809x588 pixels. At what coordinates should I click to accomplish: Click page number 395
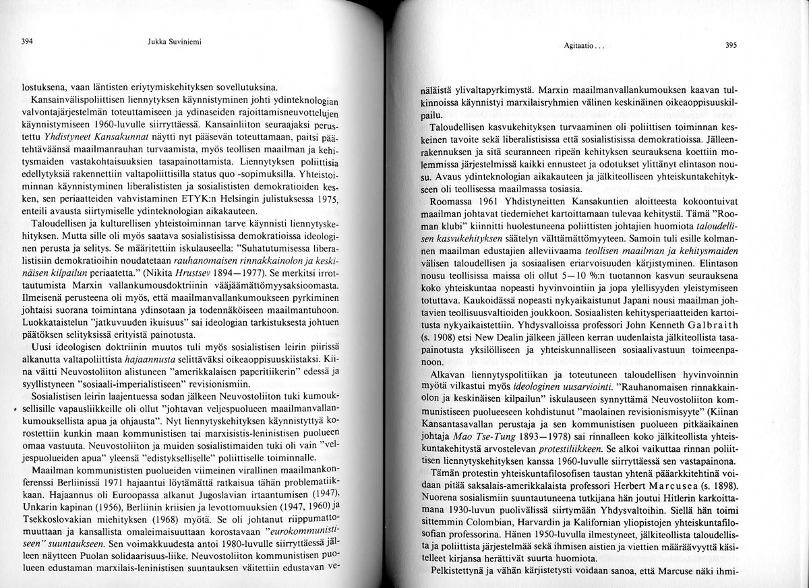730,46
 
